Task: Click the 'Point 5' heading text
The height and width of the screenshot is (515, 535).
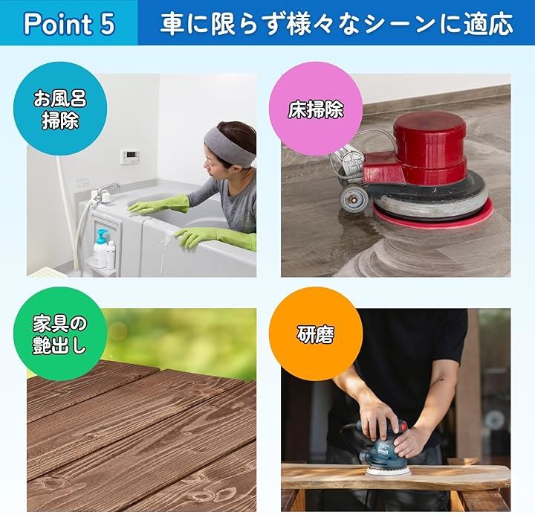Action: click(x=69, y=24)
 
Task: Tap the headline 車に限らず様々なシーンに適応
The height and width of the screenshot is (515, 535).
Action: click(x=337, y=24)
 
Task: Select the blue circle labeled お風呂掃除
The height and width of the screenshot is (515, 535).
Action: click(x=60, y=109)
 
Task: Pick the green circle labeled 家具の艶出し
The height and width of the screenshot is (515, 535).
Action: click(x=60, y=334)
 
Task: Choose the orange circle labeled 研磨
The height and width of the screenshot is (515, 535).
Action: click(x=316, y=334)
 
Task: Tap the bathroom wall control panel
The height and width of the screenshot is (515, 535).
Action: click(x=129, y=157)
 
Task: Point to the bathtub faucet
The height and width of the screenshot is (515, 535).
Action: click(x=106, y=193)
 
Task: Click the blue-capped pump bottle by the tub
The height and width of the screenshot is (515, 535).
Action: click(x=100, y=249)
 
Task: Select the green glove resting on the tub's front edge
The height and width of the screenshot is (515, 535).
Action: click(x=215, y=237)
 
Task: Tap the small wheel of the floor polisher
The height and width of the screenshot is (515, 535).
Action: click(x=354, y=199)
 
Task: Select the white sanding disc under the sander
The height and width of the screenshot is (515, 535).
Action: click(x=388, y=472)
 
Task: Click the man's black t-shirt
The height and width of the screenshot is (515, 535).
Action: click(x=409, y=362)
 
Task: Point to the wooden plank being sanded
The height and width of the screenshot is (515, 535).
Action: click(x=396, y=477)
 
